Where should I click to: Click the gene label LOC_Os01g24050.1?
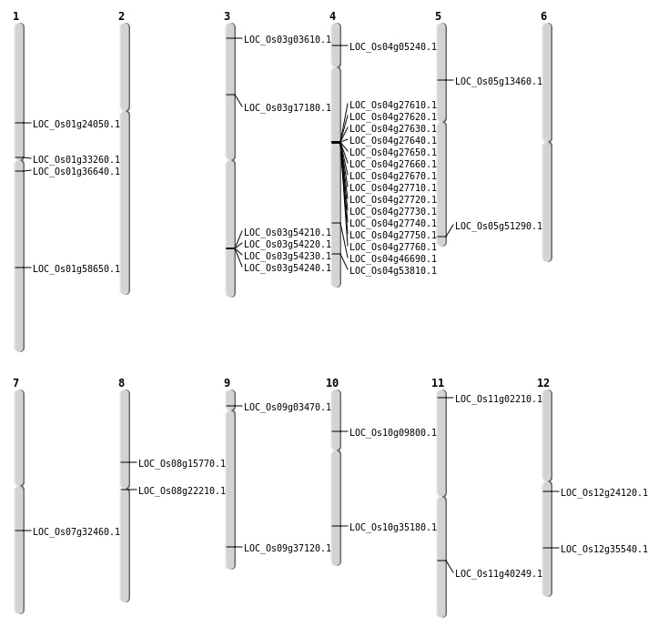click(76, 125)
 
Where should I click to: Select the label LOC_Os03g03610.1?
click(288, 40)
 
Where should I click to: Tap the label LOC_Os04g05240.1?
click(393, 47)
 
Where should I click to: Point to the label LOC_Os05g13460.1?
click(499, 82)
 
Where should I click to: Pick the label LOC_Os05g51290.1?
click(499, 227)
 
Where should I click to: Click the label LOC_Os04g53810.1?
click(393, 271)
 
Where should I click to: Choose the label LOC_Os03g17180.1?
click(288, 108)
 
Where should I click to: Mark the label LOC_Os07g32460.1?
click(76, 532)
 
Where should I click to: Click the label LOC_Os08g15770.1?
click(182, 464)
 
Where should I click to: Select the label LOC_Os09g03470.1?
click(288, 408)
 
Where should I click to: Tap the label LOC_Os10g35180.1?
click(393, 528)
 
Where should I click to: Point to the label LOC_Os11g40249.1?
click(499, 574)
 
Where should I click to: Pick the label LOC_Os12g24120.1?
click(604, 493)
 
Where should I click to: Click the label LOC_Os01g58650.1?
click(76, 269)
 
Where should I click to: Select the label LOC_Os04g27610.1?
click(393, 106)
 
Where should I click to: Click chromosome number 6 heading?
click(543, 16)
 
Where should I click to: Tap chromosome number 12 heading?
click(543, 383)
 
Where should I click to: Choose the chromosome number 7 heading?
click(15, 383)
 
